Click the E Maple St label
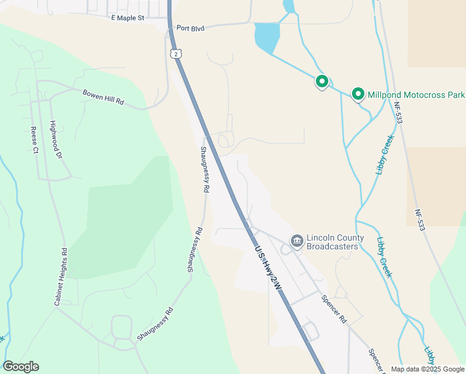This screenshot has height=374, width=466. coord(127,18)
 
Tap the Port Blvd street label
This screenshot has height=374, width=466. coord(191,28)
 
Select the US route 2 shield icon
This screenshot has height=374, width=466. coord(177,54)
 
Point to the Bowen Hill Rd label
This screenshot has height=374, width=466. coord(103,97)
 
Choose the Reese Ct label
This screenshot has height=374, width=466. coord(34,141)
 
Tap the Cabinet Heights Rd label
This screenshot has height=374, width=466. coord(60,276)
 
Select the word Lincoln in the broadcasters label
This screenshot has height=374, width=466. coord(321,238)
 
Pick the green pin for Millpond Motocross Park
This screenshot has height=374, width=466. coord(358,93)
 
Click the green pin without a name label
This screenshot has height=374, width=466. coord(321,81)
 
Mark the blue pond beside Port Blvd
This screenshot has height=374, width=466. coord(267,37)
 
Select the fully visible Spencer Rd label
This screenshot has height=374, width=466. coord(334,308)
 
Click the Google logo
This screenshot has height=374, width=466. coord(21,367)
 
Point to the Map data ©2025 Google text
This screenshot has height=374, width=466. coord(428,369)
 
